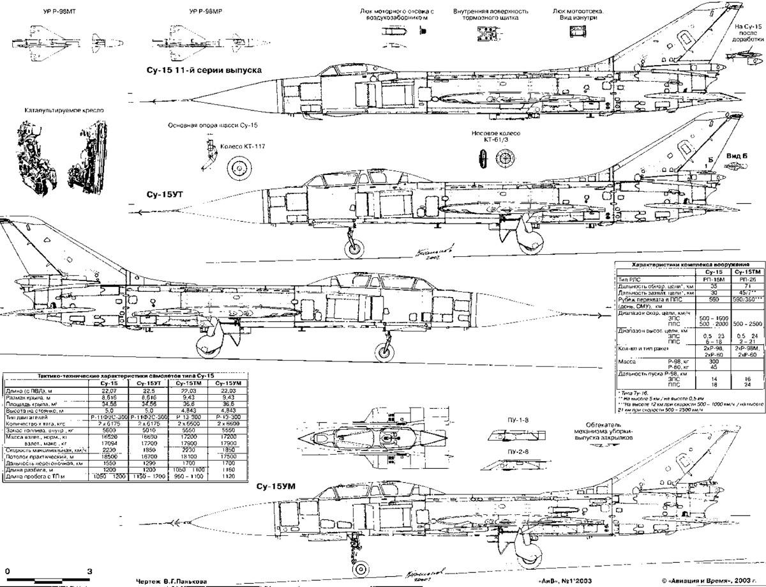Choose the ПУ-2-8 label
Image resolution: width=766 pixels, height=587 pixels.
coord(507,453)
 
